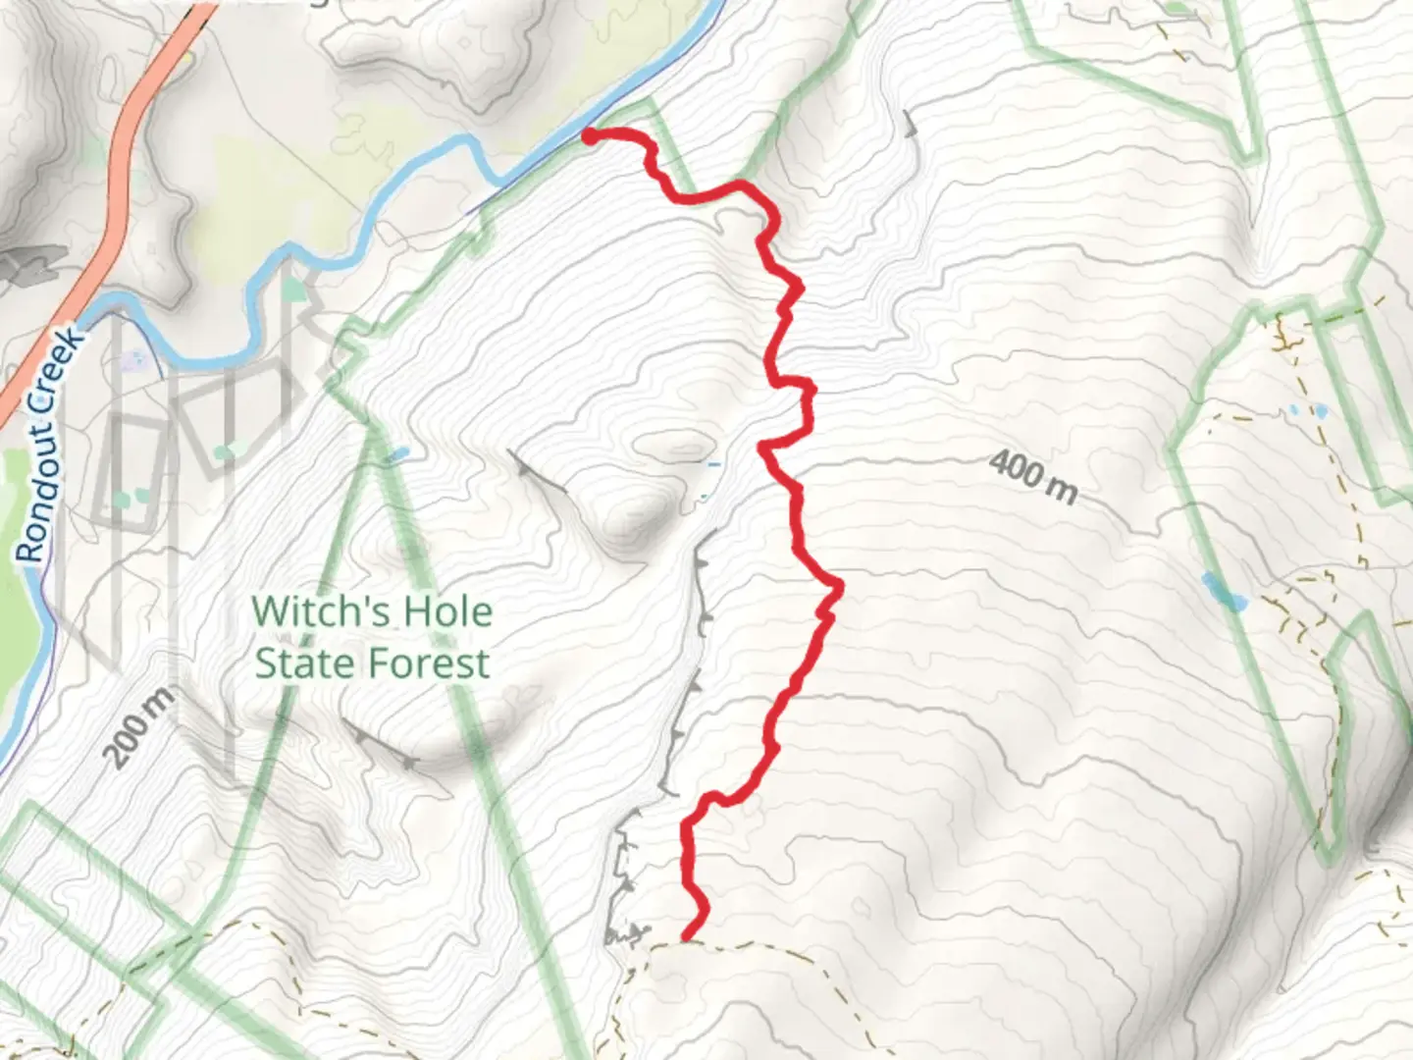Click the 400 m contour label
1032,476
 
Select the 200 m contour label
137,726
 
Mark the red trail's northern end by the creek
590,136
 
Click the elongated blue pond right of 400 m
1223,591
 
